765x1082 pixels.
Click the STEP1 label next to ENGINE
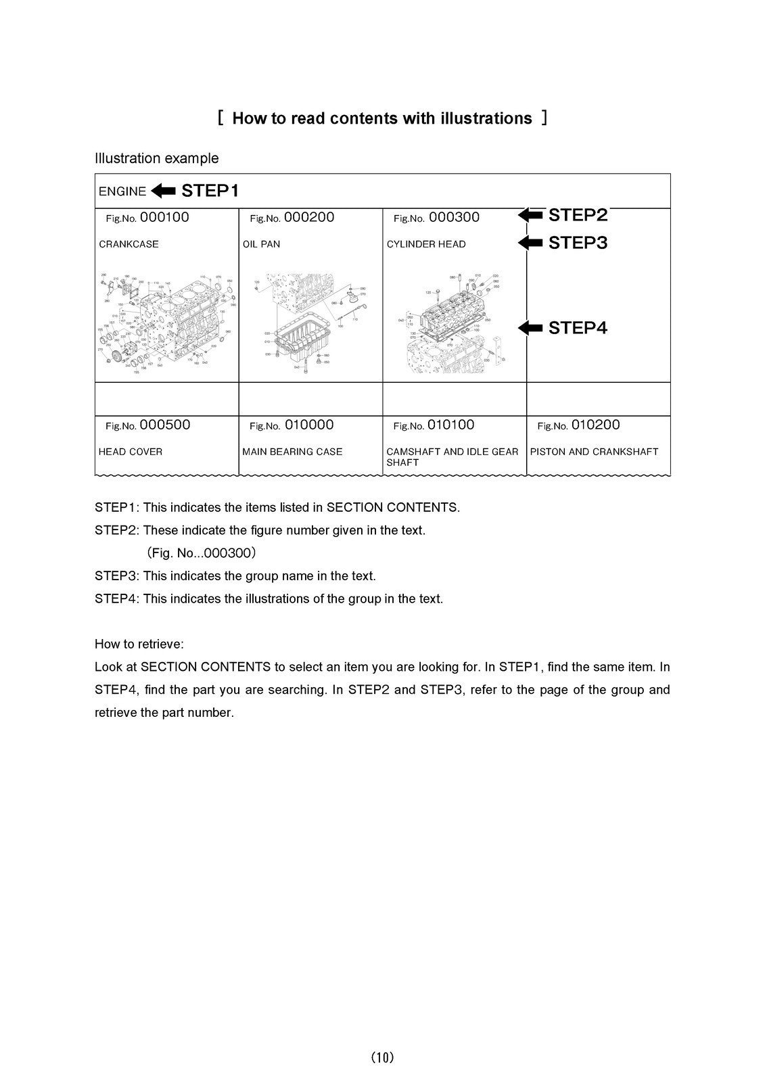pyautogui.click(x=210, y=191)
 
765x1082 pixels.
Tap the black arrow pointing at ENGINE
pyautogui.click(x=163, y=191)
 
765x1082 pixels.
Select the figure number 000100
pyautogui.click(x=164, y=218)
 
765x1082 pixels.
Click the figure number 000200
pyautogui.click(x=309, y=218)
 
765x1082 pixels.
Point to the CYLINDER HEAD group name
pyautogui.click(x=426, y=244)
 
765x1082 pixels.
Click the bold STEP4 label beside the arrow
pyautogui.click(x=578, y=328)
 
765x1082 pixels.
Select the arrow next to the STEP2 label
pyautogui.click(x=531, y=215)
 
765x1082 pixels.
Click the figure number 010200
pyautogui.click(x=595, y=425)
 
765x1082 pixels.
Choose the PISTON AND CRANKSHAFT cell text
pyautogui.click(x=594, y=452)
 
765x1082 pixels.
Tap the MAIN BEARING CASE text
pyautogui.click(x=292, y=452)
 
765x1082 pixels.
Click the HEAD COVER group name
pyautogui.click(x=131, y=452)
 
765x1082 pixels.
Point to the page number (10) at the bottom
pyautogui.click(x=382, y=1058)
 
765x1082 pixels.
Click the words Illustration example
pyautogui.click(x=156, y=158)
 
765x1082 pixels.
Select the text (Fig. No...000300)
pyautogui.click(x=201, y=553)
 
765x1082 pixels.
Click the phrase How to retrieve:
pyautogui.click(x=139, y=644)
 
